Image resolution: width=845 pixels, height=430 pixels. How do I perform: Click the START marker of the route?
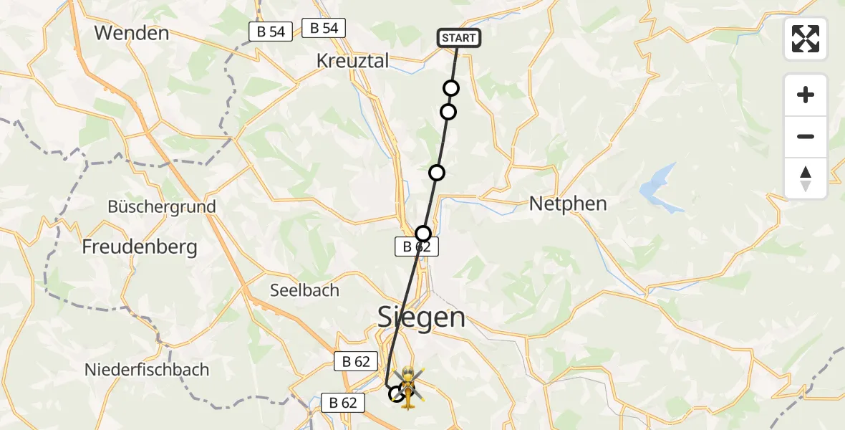pyautogui.click(x=458, y=38)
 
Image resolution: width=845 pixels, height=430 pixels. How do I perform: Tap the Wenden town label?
pyautogui.click(x=131, y=33)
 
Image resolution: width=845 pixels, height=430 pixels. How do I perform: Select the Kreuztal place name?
pyautogui.click(x=352, y=61)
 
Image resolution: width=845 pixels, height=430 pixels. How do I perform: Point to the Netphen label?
pyautogui.click(x=568, y=204)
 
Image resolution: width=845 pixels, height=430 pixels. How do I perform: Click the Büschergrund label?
pyautogui.click(x=161, y=207)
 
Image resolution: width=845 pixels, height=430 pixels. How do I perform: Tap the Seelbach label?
pyautogui.click(x=304, y=291)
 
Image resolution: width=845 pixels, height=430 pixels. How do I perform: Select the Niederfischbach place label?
pyautogui.click(x=147, y=371)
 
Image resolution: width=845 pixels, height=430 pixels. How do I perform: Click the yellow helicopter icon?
pyautogui.click(x=407, y=387)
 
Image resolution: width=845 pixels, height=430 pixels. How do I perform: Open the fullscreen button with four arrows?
pyautogui.click(x=806, y=39)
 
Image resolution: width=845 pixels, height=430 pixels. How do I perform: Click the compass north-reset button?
pyautogui.click(x=806, y=178)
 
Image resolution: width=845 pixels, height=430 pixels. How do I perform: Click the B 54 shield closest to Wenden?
pyautogui.click(x=271, y=32)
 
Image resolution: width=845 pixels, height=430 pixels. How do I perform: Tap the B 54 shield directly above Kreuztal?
pyautogui.click(x=324, y=28)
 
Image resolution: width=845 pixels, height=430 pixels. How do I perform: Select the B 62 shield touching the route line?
pyautogui.click(x=416, y=247)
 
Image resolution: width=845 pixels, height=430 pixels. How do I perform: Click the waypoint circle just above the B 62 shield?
pyautogui.click(x=423, y=233)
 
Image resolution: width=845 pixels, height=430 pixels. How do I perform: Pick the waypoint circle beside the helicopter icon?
pyautogui.click(x=395, y=393)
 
